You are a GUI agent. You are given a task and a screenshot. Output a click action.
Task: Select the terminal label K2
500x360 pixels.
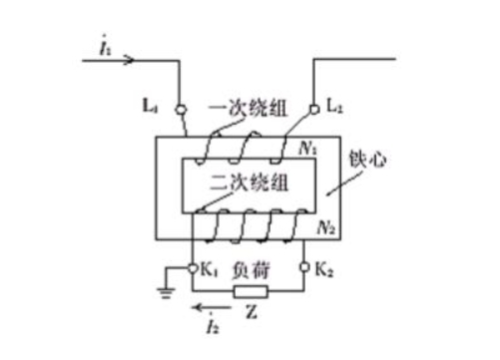pyautogui.click(x=323, y=269)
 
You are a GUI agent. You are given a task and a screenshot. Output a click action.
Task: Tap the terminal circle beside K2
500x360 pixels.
pyautogui.click(x=304, y=268)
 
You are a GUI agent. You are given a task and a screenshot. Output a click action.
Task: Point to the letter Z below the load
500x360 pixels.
pyautogui.click(x=250, y=315)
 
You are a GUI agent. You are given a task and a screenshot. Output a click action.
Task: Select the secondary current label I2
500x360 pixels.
pyautogui.click(x=211, y=324)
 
